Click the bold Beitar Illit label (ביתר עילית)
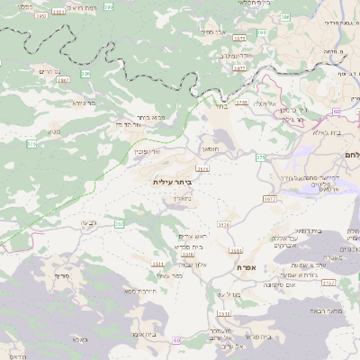tap(173, 183)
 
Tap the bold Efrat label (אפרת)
tap(249, 267)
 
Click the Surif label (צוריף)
tap(62, 274)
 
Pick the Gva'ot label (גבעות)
tap(87, 223)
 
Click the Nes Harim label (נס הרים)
tap(49, 70)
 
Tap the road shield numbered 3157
tap(327, 283)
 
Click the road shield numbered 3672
tap(270, 198)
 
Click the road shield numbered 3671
tap(202, 167)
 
